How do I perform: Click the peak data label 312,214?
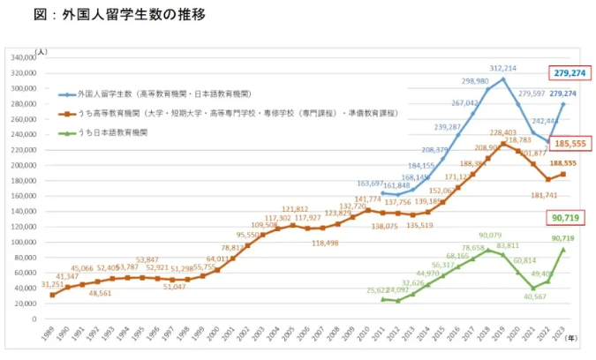(x=503, y=68)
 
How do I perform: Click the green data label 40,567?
(x=533, y=296)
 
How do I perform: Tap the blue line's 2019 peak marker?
(x=503, y=79)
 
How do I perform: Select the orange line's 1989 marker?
(x=52, y=295)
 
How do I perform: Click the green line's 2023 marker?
(x=562, y=249)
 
